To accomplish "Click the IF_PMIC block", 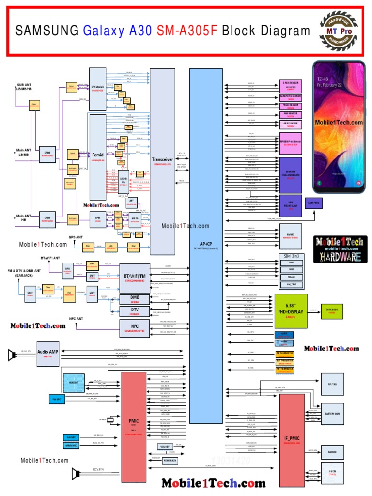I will coord(293,439).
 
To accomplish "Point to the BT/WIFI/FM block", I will coord(134,277).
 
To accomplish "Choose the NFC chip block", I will coord(135,329).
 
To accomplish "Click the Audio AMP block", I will coord(47,354).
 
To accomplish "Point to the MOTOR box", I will coord(332,452).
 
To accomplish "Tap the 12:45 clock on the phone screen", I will coord(323,78).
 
